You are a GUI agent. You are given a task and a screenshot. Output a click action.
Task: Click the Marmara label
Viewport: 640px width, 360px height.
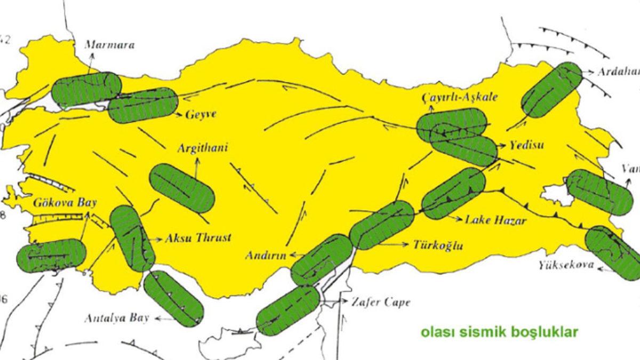click(109, 45)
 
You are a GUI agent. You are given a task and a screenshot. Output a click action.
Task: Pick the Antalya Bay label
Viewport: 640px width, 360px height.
click(118, 318)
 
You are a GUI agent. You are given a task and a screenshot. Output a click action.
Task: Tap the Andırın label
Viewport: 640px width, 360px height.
click(266, 255)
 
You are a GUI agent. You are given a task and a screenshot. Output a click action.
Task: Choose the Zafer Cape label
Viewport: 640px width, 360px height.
click(381, 302)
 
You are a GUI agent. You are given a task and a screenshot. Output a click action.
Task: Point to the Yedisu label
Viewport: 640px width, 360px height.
click(526, 145)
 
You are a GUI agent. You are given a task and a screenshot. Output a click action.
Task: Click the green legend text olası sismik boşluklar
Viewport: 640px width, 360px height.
click(499, 332)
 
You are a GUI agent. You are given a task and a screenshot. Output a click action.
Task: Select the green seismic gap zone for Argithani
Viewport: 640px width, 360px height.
click(182, 188)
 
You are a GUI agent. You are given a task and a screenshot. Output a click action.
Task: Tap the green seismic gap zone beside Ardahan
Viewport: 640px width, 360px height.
click(551, 89)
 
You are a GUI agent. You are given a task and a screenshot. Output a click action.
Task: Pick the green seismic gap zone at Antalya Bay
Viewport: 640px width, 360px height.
click(173, 298)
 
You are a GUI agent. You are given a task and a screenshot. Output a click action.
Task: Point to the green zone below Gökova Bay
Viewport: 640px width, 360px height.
click(51, 255)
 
